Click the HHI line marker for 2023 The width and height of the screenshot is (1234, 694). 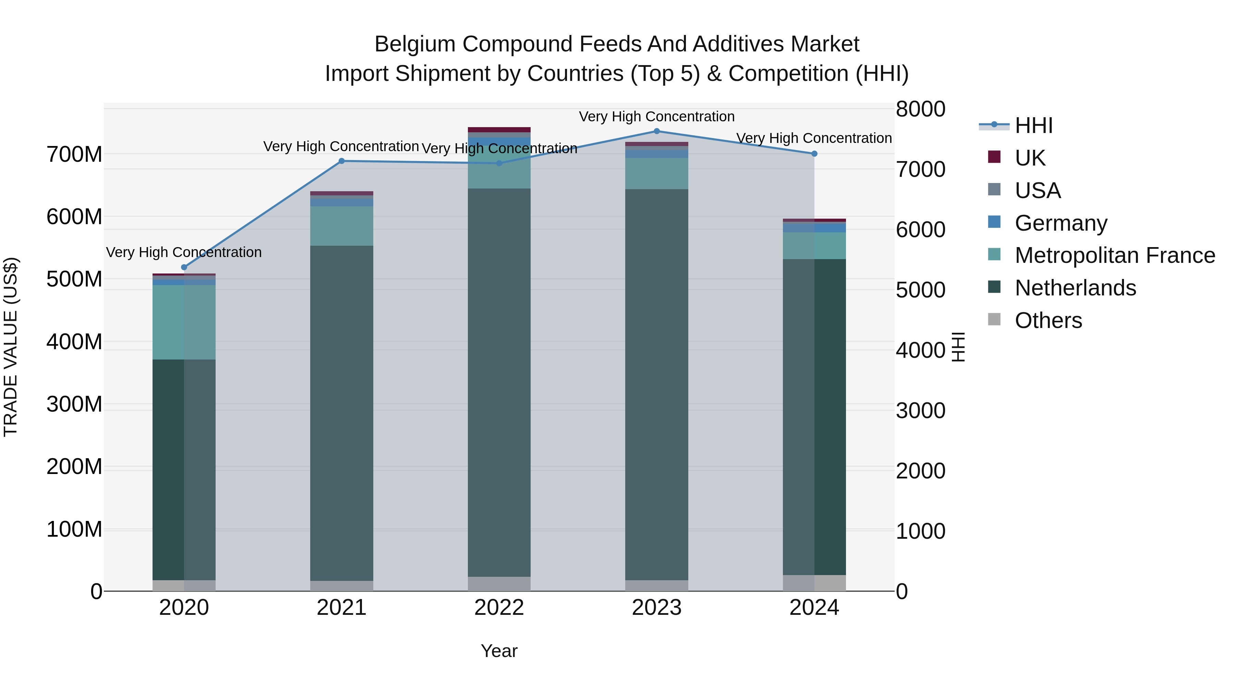657,131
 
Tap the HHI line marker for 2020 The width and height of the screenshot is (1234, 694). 184,267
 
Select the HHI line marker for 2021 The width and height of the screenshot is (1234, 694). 341,161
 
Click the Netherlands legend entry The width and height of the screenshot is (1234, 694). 1075,288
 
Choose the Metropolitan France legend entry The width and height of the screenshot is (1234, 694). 1115,255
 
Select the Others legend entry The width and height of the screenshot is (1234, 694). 1048,320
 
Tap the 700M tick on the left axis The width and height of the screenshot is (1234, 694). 74,155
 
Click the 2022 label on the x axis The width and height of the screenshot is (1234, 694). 499,608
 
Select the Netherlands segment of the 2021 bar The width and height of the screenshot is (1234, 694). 341,412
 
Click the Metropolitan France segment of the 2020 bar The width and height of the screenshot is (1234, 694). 184,322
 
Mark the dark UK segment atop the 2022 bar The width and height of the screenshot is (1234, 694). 499,129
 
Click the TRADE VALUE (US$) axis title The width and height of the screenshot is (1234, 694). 11,347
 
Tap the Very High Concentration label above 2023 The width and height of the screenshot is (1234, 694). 657,117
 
